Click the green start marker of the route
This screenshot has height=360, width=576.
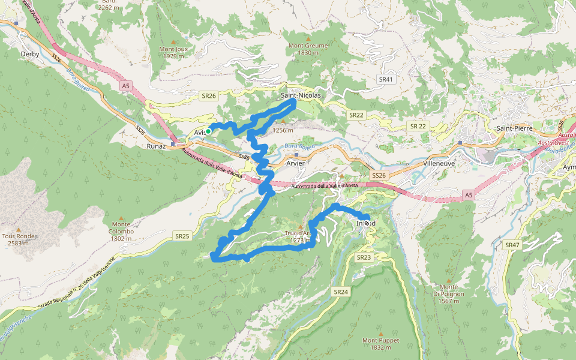tap(208, 131)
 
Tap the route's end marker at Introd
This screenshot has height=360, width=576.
tap(367, 223)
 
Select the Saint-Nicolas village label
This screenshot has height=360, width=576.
tap(301, 95)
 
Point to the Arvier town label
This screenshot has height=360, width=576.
tap(296, 163)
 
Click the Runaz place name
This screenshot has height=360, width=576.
tap(156, 146)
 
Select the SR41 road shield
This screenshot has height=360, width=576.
tap(386, 79)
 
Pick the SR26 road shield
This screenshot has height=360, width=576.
tap(208, 95)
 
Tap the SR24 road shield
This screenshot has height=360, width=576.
tap(340, 292)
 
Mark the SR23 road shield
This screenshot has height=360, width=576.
tap(364, 257)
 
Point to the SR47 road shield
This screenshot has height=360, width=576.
tap(512, 245)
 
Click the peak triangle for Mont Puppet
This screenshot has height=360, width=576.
tap(380, 332)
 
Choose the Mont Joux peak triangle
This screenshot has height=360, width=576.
tap(174, 42)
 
